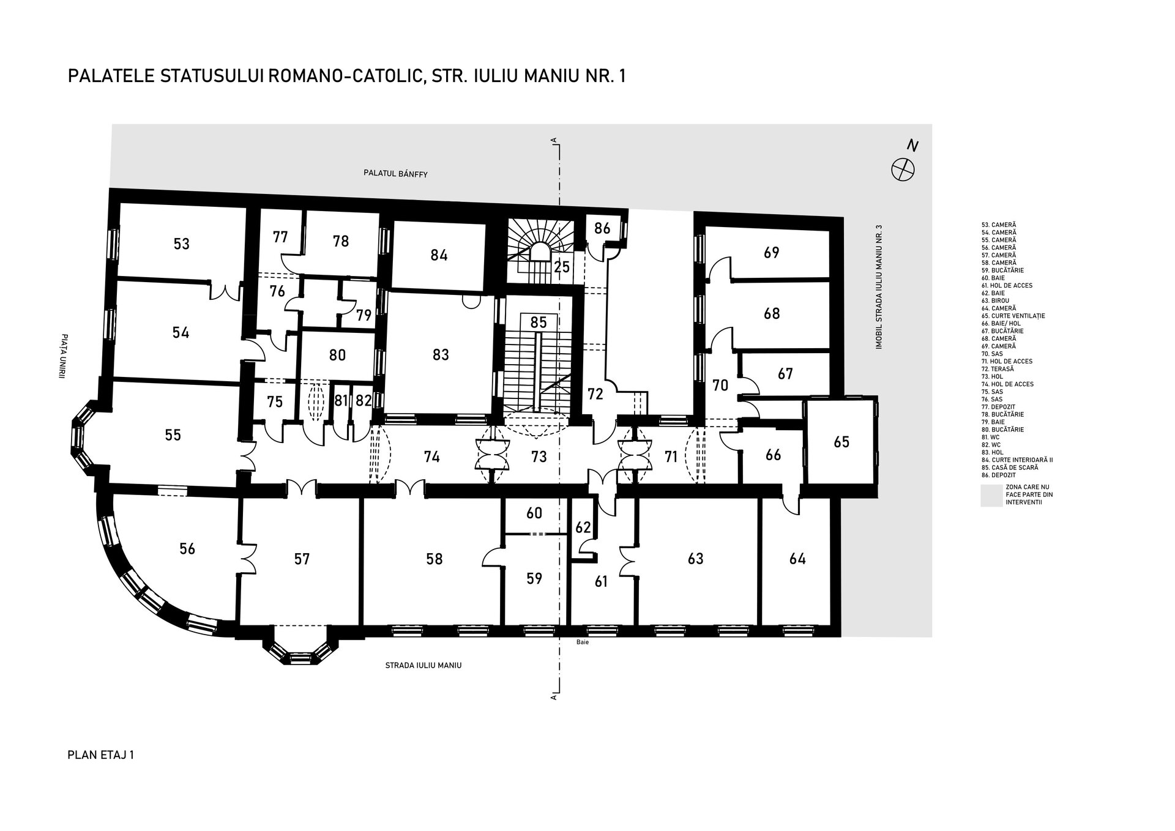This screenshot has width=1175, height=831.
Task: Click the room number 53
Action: (x=181, y=244)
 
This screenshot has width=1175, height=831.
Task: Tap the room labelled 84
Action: (x=439, y=255)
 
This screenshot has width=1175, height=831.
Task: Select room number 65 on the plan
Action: (x=841, y=442)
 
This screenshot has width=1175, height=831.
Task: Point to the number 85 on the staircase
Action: (x=539, y=322)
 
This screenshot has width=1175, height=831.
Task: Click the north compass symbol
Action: (x=903, y=168)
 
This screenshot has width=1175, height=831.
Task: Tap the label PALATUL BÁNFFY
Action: (x=395, y=174)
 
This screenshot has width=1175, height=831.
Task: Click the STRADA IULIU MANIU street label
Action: (x=423, y=665)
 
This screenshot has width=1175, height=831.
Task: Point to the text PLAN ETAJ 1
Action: (x=100, y=755)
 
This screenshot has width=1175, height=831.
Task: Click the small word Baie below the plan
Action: (x=582, y=643)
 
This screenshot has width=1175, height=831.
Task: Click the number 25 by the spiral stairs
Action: (x=562, y=267)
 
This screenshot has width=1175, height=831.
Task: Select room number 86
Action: (x=602, y=228)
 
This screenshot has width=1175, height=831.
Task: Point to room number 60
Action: (x=534, y=513)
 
